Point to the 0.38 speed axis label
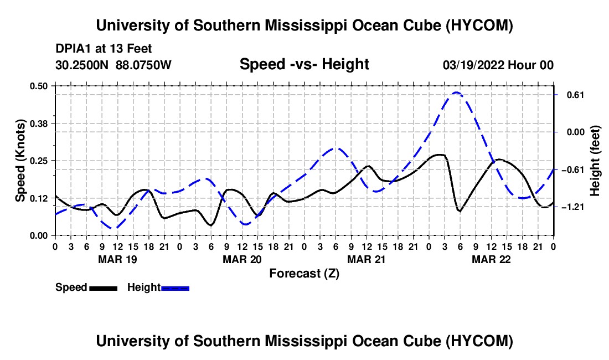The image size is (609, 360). (x=38, y=124)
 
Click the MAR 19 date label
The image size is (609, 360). (x=117, y=259)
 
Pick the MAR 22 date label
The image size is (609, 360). (x=491, y=259)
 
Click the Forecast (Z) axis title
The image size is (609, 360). (x=304, y=274)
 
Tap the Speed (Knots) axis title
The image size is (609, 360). (x=20, y=161)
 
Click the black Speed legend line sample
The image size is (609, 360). (x=103, y=288)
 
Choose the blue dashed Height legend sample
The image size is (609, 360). (x=175, y=288)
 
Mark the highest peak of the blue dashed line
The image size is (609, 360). (x=456, y=92)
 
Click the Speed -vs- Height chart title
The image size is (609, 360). (x=304, y=64)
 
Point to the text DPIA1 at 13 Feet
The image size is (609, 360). (x=104, y=49)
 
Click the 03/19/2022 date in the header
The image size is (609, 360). (x=473, y=65)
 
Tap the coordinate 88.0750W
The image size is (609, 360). (x=143, y=65)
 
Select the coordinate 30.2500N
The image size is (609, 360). (x=82, y=65)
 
